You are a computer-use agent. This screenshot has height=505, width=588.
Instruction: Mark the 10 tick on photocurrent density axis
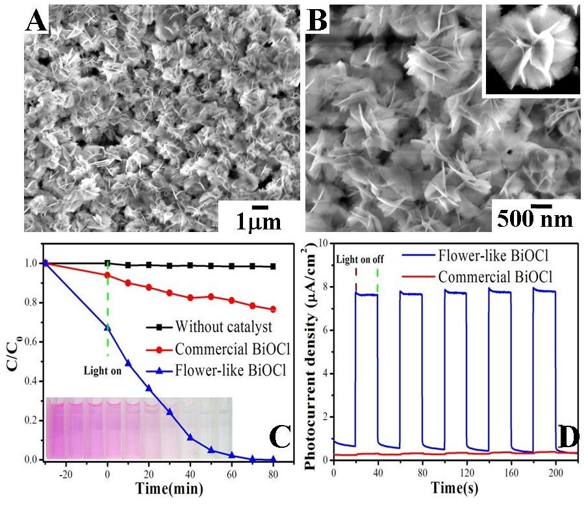[324, 243]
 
